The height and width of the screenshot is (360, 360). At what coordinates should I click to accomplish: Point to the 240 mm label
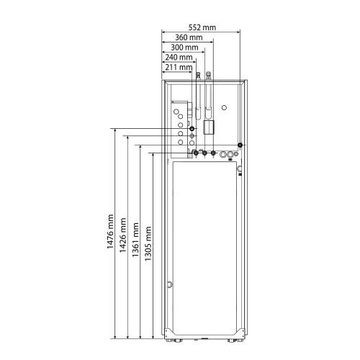click(x=178, y=57)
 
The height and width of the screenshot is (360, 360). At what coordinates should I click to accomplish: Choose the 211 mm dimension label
click(x=178, y=67)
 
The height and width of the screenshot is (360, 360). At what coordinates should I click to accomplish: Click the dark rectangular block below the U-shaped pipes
click(x=210, y=128)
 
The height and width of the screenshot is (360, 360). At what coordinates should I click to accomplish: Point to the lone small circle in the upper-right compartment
click(x=225, y=107)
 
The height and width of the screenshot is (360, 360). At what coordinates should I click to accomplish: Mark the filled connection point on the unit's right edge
click(x=240, y=145)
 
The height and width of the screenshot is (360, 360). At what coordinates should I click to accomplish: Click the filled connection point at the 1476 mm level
click(x=192, y=129)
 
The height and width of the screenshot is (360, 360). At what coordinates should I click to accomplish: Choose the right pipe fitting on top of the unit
click(x=209, y=74)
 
